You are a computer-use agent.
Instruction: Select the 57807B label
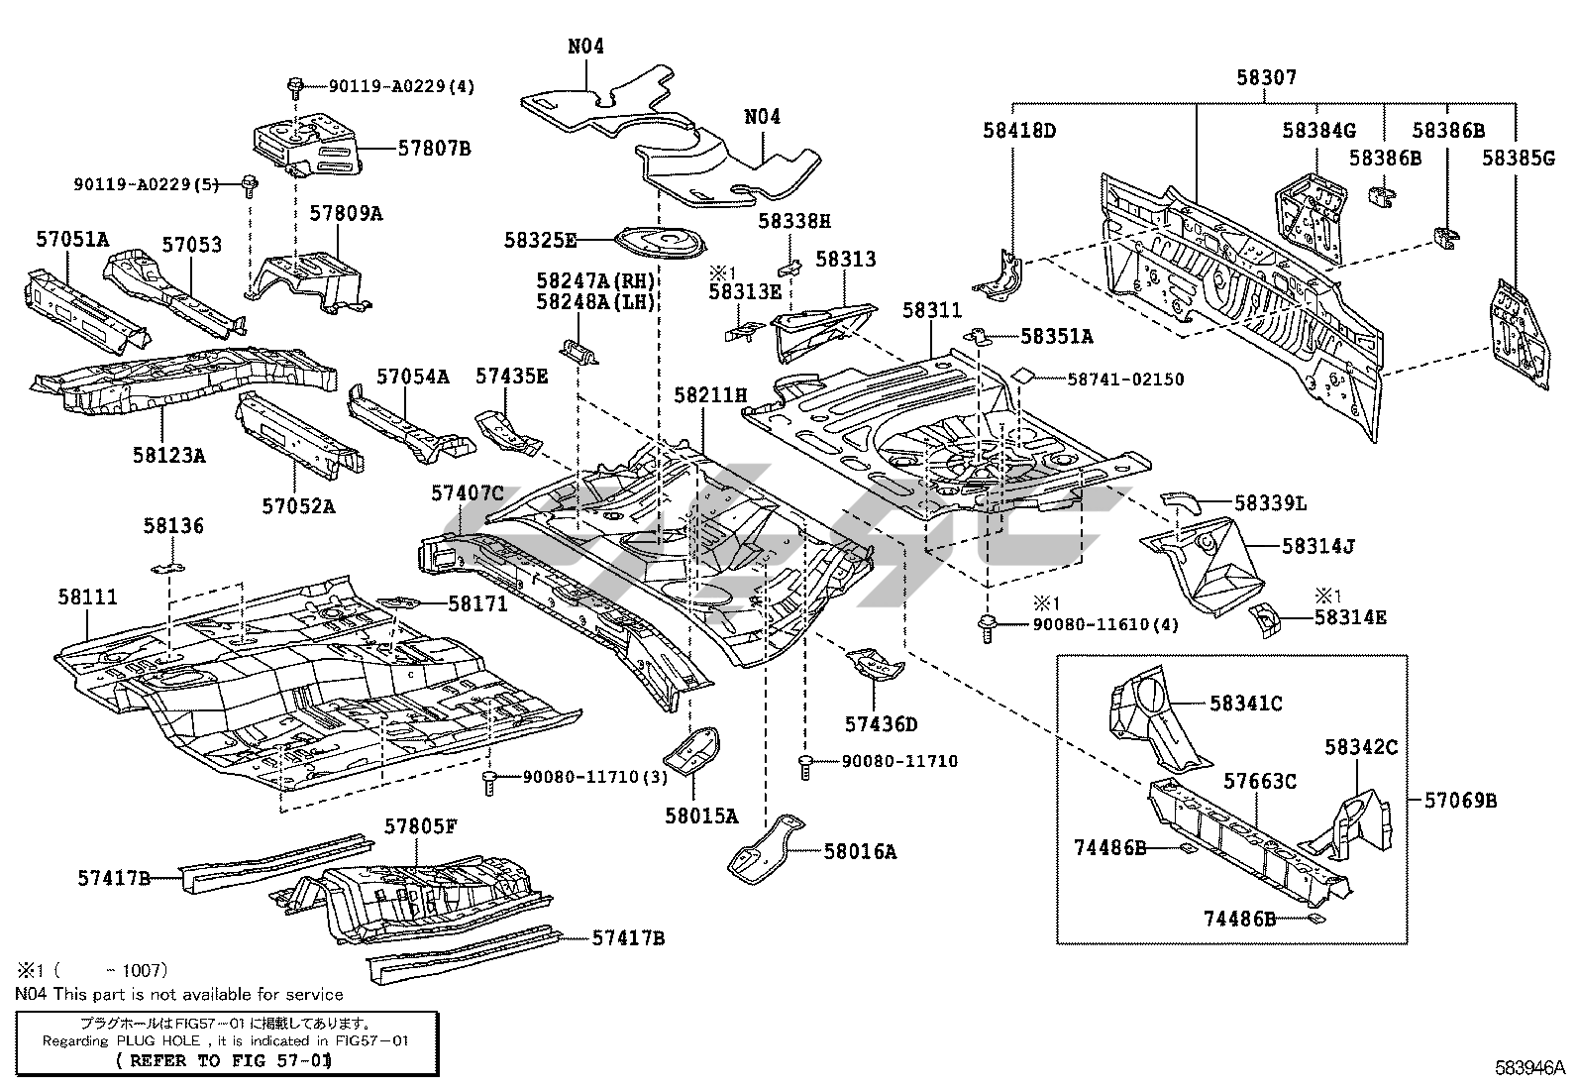coord(434,149)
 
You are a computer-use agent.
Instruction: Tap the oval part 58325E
coord(658,241)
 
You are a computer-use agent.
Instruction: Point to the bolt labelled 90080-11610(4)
coord(987,626)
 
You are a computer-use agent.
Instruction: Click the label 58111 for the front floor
coord(87,597)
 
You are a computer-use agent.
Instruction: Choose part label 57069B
coord(1460,800)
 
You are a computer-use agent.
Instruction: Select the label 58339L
coord(1271,504)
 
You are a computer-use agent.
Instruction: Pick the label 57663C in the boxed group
coord(1259,782)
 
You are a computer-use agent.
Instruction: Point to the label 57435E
coord(510,376)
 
